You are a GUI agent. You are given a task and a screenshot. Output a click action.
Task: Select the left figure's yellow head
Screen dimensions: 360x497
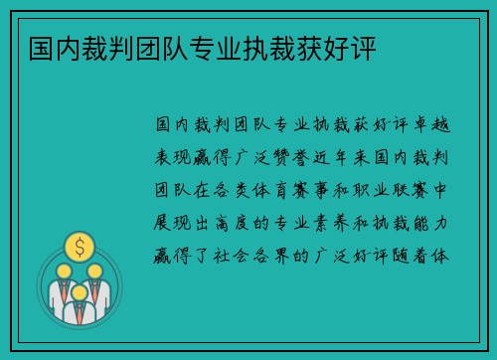click(63, 270)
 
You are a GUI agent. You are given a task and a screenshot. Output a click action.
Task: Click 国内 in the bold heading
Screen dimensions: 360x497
click(39, 48)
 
